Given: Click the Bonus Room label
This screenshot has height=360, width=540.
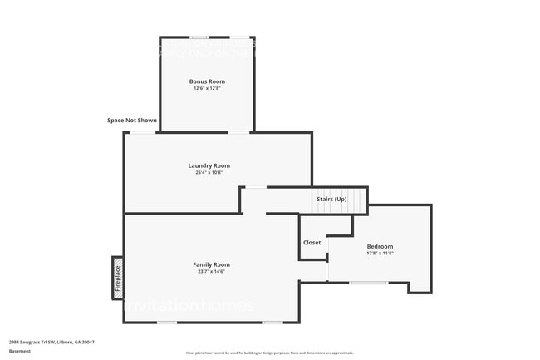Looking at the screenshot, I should coord(207,81).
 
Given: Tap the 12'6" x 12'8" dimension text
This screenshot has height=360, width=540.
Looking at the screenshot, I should coord(207,88).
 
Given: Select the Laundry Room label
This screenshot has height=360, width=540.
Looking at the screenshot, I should coord(209,165).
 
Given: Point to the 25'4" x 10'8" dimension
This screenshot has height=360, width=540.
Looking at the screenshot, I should coord(209,173).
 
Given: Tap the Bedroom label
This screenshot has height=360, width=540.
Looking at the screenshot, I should coord(380,246).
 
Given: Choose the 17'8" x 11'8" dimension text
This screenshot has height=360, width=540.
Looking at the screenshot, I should coord(380,254).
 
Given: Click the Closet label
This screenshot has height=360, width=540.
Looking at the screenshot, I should coord(312,243).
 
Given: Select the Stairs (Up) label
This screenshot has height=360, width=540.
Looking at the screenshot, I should coord(330,200).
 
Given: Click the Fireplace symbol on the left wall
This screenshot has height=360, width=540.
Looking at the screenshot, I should coord(117,277).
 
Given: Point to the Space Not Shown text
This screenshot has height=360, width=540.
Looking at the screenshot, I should coord(132,121).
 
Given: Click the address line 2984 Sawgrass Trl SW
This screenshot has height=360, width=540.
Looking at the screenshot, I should coord(52,342).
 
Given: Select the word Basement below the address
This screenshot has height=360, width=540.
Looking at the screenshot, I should coord(20,351).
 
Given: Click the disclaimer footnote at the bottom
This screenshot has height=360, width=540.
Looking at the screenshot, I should coord(269,353).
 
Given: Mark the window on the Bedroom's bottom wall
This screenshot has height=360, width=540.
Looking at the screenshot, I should coord(368,283).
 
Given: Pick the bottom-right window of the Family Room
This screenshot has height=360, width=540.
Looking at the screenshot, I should coord(272,323).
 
